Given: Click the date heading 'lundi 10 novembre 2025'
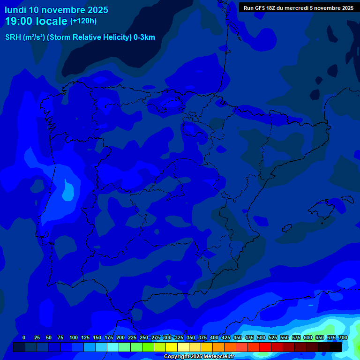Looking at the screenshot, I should coord(56,10).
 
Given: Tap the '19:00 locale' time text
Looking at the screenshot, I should coord(36,21).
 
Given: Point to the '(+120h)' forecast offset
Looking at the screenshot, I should coord(83,21).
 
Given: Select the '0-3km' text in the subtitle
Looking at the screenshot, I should coord(144,37).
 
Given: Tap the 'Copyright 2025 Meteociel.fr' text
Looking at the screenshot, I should coord(199,356).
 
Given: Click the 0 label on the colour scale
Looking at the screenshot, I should coord(24,337).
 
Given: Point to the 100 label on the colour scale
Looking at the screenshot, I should coord(74,337).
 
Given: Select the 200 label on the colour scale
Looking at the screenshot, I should coord(120,337).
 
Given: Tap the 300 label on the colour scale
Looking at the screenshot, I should coord(167,337).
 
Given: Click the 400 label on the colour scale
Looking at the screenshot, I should coord(214,337).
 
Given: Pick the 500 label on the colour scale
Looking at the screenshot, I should coord(261,337).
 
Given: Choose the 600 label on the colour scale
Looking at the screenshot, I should coord(308,337).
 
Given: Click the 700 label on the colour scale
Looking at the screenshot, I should coord(343,337).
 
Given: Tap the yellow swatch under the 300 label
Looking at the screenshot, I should coord(172,347).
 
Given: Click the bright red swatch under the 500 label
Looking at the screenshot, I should coord(265,347).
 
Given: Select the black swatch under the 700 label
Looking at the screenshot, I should coord(336,347).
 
